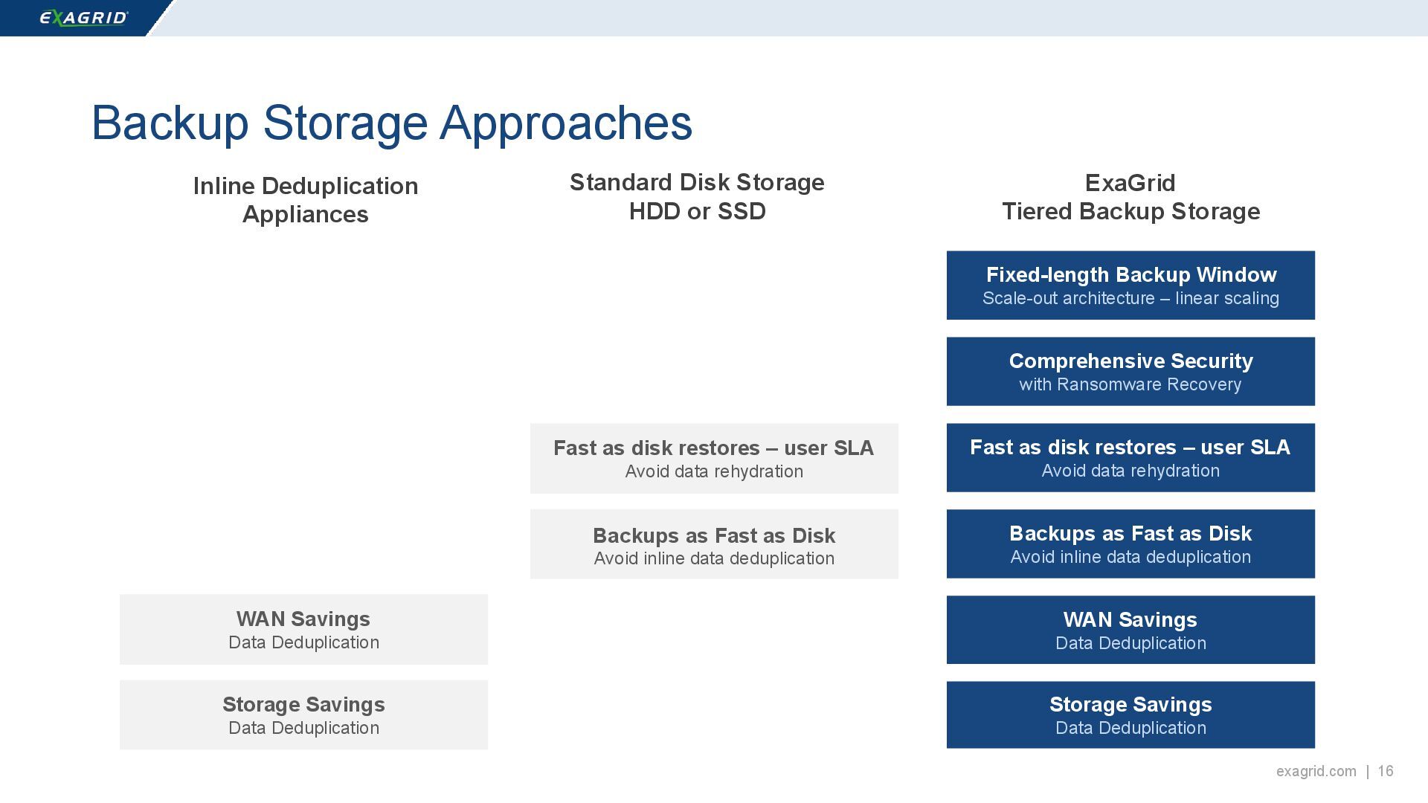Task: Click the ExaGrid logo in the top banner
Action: pyautogui.click(x=83, y=18)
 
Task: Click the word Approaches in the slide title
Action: pyautogui.click(x=566, y=123)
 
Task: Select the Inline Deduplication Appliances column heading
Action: pyautogui.click(x=305, y=200)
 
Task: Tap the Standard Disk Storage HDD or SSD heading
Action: pyautogui.click(x=697, y=197)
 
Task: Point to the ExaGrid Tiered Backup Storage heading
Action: pyautogui.click(x=1130, y=197)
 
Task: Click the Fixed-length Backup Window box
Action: pyautogui.click(x=1130, y=286)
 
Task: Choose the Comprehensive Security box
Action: pyautogui.click(x=1130, y=372)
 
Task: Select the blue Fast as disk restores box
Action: pyautogui.click(x=1130, y=458)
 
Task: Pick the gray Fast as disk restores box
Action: pyautogui.click(x=714, y=459)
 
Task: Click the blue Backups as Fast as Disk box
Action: pyautogui.click(x=1130, y=544)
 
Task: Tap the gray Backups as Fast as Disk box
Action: pyautogui.click(x=714, y=544)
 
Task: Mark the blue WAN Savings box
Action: pyautogui.click(x=1130, y=630)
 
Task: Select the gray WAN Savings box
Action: pyautogui.click(x=303, y=630)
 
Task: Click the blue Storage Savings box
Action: pyautogui.click(x=1130, y=715)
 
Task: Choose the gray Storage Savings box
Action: pyautogui.click(x=303, y=715)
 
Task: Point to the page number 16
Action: pyautogui.click(x=1385, y=771)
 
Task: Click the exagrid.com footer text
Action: pyautogui.click(x=1316, y=771)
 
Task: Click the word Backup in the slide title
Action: pyautogui.click(x=170, y=123)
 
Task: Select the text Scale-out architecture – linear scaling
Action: pyautogui.click(x=1130, y=298)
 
